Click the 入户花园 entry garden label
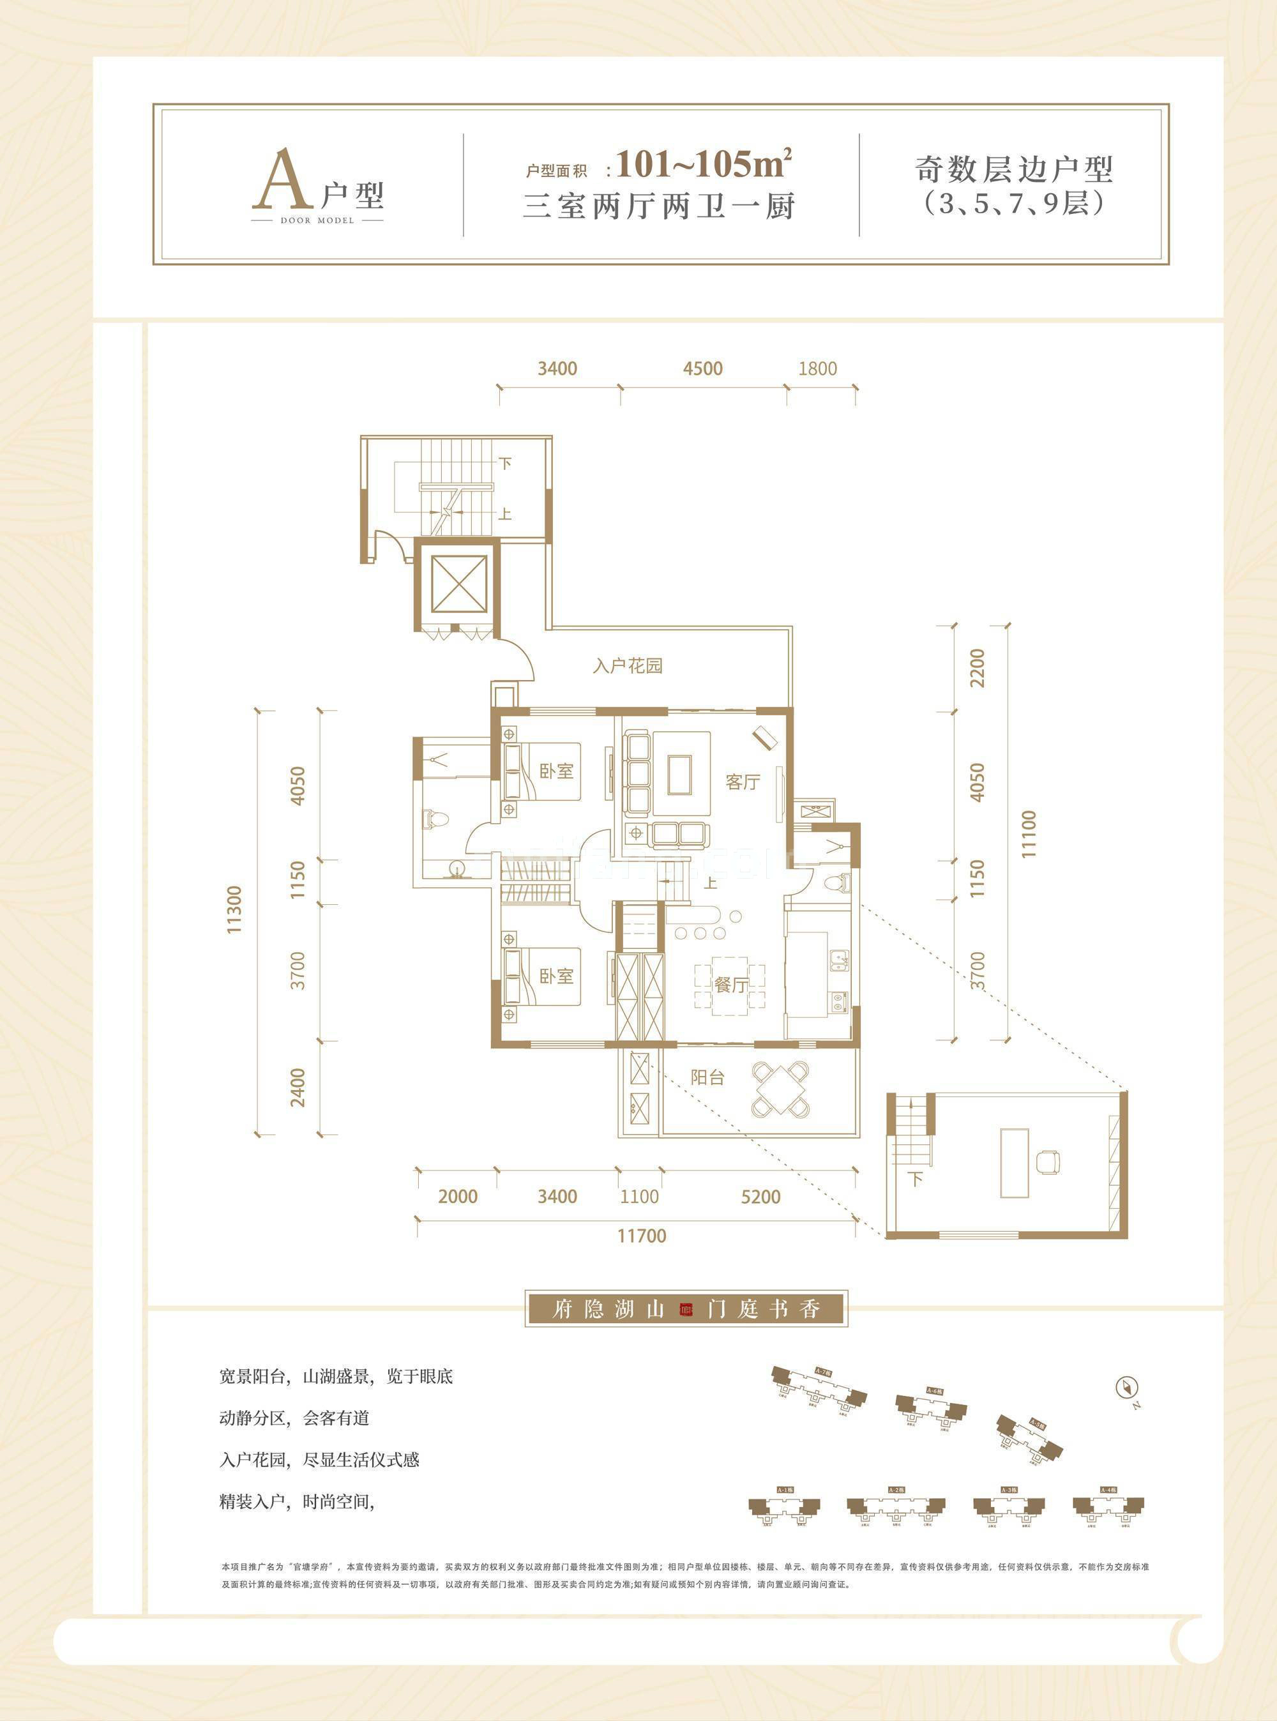click(628, 665)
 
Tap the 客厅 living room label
click(742, 782)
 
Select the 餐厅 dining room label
click(730, 984)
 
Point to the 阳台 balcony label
click(707, 1077)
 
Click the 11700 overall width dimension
click(642, 1236)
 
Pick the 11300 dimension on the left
click(235, 909)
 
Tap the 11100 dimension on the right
click(1028, 834)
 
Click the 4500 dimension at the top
click(702, 369)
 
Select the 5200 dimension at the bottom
click(760, 1197)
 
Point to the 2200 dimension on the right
click(978, 668)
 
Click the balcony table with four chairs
click(782, 1089)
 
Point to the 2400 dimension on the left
click(298, 1086)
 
